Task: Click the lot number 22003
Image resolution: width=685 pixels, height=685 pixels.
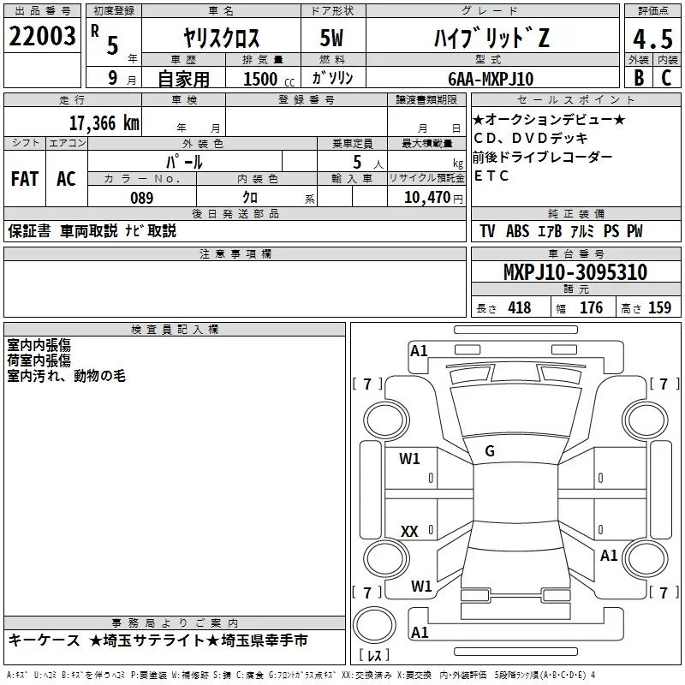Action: pos(42,36)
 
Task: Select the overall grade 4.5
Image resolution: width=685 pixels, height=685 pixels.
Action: pos(652,39)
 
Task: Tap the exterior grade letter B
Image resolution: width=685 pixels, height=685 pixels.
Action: pos(639,78)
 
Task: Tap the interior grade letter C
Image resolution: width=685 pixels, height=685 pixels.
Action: pos(666,78)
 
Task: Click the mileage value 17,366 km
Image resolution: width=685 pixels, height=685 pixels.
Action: pos(104,123)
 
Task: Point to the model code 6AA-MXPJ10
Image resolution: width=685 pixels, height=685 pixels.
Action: pos(491,79)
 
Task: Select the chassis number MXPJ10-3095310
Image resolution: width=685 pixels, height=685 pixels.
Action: pos(575,271)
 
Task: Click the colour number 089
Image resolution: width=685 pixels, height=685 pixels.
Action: pos(142,198)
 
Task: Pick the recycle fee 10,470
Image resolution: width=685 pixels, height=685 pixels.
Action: pos(426,198)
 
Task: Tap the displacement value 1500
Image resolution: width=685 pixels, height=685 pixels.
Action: pos(260,79)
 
